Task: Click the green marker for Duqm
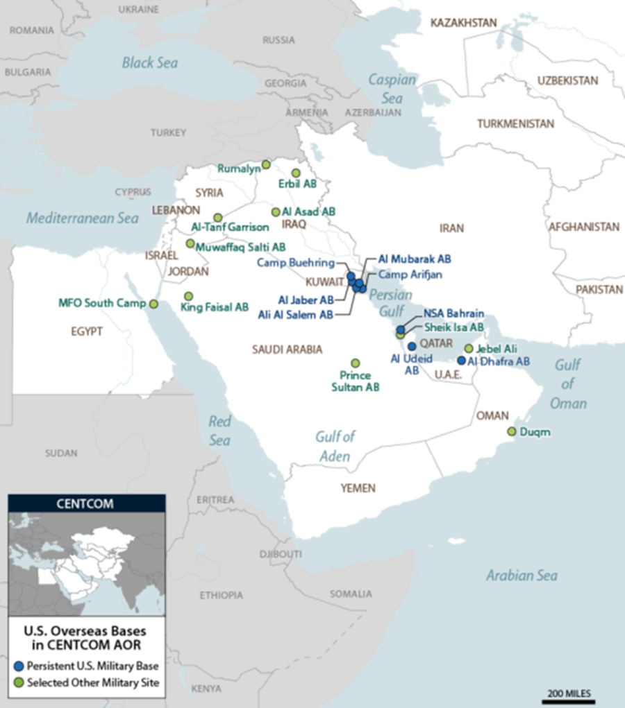[x=512, y=431]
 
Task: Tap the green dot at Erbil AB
[x=296, y=173]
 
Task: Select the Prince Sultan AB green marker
[x=356, y=363]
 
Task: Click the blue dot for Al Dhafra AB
[x=462, y=361]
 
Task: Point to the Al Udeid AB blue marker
[x=412, y=345]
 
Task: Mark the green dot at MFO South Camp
[x=154, y=304]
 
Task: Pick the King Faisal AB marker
[x=188, y=296]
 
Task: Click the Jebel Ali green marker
[x=469, y=348]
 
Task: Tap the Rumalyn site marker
[x=265, y=164]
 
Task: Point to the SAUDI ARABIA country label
[x=287, y=349]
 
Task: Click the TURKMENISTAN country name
[x=515, y=124]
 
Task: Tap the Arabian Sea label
[x=521, y=575]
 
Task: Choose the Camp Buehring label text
[x=295, y=263]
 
